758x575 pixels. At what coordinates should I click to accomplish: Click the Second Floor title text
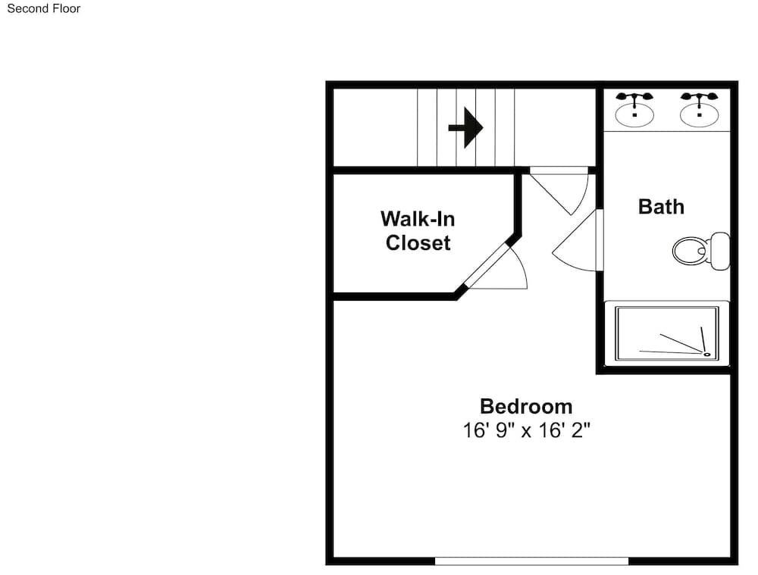pos(43,8)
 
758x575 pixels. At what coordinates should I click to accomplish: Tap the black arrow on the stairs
pos(465,127)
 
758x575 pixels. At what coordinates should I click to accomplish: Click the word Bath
pos(661,207)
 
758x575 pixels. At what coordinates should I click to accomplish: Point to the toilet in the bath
pos(701,251)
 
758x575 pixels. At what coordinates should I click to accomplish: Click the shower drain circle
pos(706,355)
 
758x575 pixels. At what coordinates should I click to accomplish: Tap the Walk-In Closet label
pos(418,231)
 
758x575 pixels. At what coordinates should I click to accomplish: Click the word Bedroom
pos(526,406)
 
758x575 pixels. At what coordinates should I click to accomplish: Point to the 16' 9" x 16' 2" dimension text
pos(527,430)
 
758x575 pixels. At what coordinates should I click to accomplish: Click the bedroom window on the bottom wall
pos(531,561)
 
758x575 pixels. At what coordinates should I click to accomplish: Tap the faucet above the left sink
pos(634,98)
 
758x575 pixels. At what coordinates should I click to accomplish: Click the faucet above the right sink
pos(699,98)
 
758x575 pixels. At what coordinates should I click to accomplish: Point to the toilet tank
pos(720,252)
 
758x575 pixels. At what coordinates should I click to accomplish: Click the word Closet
pos(418,242)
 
